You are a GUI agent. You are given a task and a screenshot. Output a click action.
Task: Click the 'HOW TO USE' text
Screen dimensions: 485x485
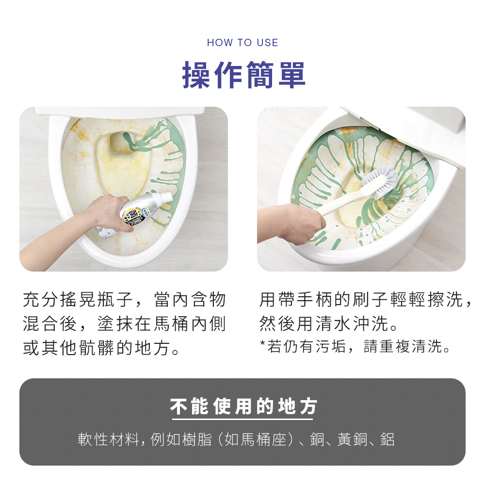(x=242, y=42)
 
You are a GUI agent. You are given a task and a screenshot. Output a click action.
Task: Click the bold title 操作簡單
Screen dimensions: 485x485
(x=244, y=75)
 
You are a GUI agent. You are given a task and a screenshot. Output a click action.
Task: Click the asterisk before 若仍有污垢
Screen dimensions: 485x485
(x=262, y=343)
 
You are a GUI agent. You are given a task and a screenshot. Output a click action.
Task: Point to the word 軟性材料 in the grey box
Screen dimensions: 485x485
(x=108, y=439)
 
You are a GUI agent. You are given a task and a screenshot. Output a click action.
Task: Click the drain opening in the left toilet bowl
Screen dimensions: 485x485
(x=122, y=144)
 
